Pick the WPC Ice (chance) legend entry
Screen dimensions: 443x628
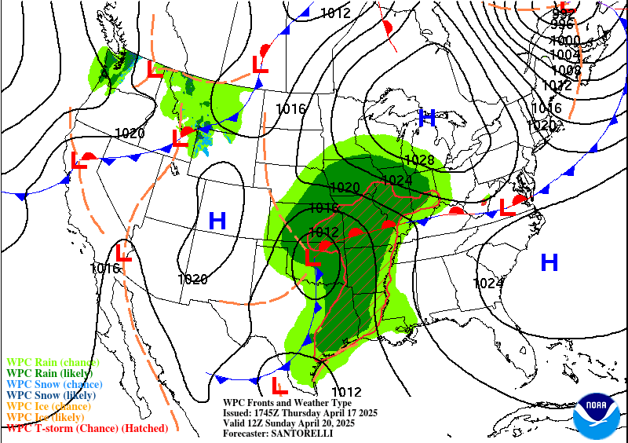pyautogui.click(x=46, y=406)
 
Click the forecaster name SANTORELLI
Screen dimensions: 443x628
pyautogui.click(x=301, y=434)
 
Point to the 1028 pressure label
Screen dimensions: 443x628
pyautogui.click(x=419, y=161)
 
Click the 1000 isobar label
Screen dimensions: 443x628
pyautogui.click(x=565, y=41)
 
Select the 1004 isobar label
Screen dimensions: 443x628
pyautogui.click(x=565, y=55)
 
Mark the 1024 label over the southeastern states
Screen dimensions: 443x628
pyautogui.click(x=488, y=283)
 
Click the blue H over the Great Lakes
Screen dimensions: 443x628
pyautogui.click(x=427, y=119)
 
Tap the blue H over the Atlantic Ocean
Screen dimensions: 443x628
pyautogui.click(x=549, y=262)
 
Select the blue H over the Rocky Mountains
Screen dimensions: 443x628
pyautogui.click(x=217, y=222)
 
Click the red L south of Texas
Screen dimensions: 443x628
pyautogui.click(x=278, y=386)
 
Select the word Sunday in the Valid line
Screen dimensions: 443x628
pyautogui.click(x=299, y=423)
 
